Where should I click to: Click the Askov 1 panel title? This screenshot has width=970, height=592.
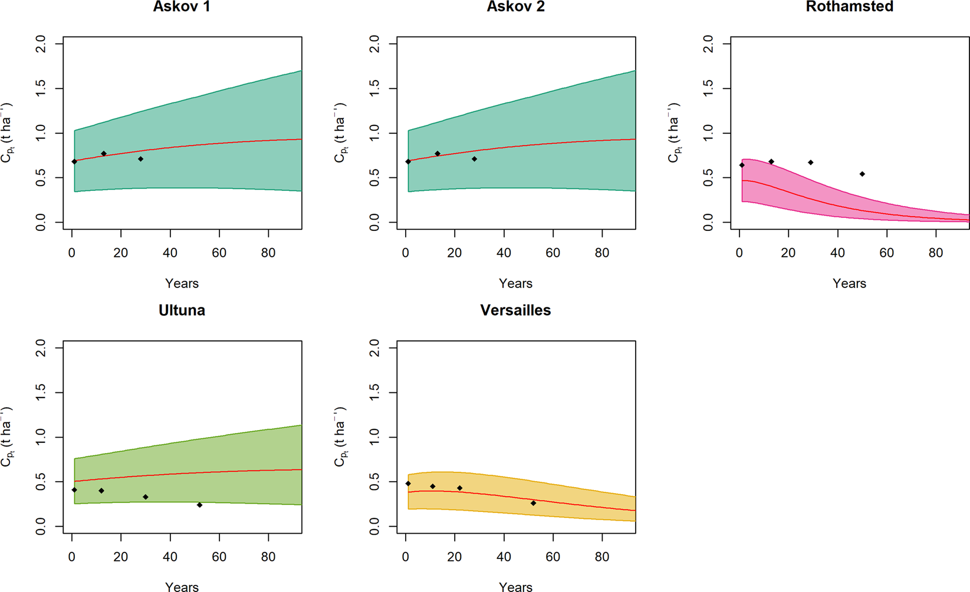coord(182,7)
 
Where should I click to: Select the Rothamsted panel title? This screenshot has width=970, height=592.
coord(849,7)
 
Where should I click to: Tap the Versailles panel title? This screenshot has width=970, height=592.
coord(515,310)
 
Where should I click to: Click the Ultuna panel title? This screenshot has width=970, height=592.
coord(182,310)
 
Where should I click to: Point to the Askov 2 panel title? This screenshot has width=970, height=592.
coord(515,7)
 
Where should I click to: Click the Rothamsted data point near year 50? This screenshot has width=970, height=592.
coord(862,174)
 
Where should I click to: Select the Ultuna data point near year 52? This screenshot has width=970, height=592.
coord(199,505)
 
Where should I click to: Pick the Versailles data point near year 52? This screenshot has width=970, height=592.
coord(533,503)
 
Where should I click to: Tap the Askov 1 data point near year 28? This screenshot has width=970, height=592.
coord(140,159)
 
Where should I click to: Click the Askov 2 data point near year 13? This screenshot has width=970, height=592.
coord(438,154)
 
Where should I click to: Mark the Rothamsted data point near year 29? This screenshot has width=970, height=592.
coord(811,163)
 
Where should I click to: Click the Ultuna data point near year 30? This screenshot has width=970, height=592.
coord(146,497)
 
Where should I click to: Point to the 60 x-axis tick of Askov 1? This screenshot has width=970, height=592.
coord(219,253)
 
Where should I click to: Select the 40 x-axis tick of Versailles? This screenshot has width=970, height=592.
coord(504,557)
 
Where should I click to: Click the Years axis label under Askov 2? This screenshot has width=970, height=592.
coord(515,283)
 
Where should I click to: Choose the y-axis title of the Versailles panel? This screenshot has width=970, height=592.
coord(341,436)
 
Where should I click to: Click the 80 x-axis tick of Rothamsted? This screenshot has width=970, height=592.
coord(936,253)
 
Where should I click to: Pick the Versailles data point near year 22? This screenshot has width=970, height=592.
coord(460,488)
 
